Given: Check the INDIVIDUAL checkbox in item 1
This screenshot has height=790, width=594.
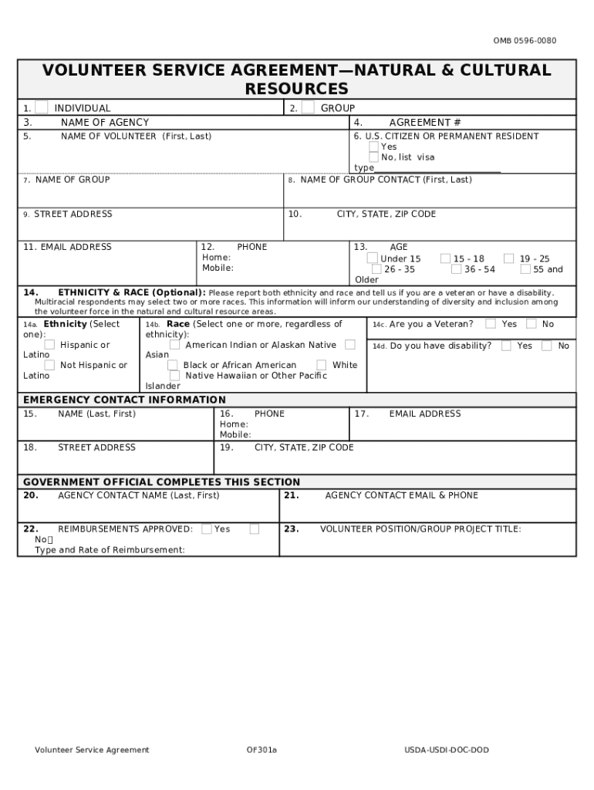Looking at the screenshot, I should click(x=42, y=107).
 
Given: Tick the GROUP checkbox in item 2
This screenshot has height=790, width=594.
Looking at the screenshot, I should click(x=308, y=107).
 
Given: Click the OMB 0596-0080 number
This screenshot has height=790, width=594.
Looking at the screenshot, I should click(x=525, y=41).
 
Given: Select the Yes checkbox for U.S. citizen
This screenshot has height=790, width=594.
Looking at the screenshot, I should click(x=373, y=147).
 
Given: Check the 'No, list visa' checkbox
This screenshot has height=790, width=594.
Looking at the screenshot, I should click(x=373, y=157).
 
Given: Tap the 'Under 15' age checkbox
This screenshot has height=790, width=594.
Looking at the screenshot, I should click(x=373, y=258).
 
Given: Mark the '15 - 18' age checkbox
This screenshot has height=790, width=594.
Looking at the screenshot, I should click(x=446, y=258).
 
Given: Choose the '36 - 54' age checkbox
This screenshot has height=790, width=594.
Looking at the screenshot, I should click(x=457, y=269).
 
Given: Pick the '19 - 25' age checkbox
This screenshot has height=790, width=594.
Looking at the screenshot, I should click(x=509, y=258).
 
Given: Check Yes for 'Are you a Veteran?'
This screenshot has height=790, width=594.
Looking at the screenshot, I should click(x=491, y=324).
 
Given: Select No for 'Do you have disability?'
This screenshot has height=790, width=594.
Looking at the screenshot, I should click(x=546, y=346).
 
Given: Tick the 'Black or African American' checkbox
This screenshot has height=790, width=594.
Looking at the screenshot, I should click(x=173, y=365).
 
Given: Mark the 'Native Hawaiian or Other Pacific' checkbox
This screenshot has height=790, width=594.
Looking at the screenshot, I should click(x=175, y=376).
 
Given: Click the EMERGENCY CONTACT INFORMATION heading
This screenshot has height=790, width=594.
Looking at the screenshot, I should click(x=124, y=400).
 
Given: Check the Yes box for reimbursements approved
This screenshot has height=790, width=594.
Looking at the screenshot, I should click(x=207, y=528).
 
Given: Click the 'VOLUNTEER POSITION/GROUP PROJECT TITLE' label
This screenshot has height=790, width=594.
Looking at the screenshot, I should click(x=420, y=529).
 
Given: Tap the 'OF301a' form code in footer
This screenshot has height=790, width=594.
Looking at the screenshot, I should click(x=262, y=750).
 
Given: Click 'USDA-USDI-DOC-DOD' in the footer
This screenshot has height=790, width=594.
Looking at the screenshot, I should click(x=447, y=750).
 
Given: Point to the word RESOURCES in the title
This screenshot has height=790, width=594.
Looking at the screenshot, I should click(x=296, y=89).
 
